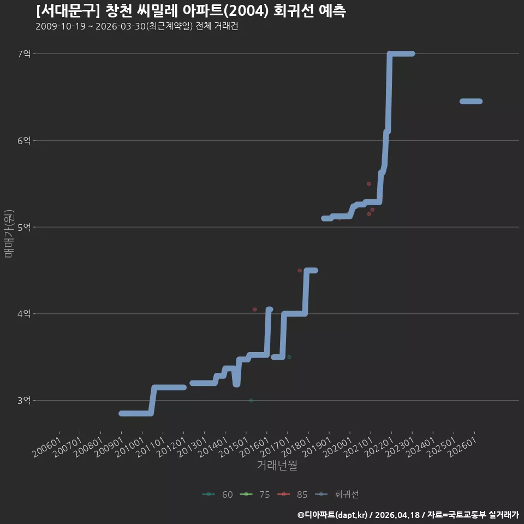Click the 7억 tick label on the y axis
coord(24,54)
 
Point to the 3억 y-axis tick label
coord(24,400)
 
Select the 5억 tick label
coord(24,227)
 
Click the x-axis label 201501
coord(234,447)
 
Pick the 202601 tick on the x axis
coord(462,447)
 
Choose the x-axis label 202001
coord(337,447)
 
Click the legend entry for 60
coord(218,495)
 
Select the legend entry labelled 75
coord(255,495)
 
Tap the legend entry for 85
coord(293,495)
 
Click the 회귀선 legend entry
coord(337,495)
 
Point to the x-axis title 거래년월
coord(277,465)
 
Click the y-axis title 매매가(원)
coord(9,234)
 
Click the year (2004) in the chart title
coord(245,11)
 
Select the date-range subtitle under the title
coord(137,26)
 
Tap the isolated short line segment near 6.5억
coord(471,102)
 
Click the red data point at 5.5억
coord(369,184)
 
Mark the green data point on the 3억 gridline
coord(251,400)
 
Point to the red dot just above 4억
coord(255,309)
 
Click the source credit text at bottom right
coord(408,515)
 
